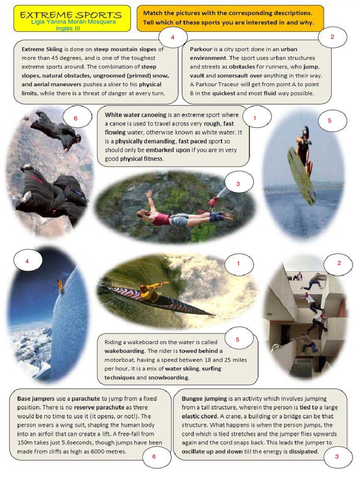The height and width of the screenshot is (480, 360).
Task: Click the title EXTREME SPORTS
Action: (71, 15)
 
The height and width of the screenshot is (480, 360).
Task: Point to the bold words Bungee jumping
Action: (203, 398)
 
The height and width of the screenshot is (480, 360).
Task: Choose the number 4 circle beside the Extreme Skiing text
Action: (173, 37)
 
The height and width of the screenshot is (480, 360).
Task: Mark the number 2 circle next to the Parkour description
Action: (332, 37)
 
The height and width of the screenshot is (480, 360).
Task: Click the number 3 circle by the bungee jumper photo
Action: (238, 184)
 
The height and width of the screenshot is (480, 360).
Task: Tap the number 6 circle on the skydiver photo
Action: (75, 118)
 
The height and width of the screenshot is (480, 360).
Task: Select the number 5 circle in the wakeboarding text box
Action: (238, 339)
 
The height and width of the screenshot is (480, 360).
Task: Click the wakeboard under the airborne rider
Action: (301, 175)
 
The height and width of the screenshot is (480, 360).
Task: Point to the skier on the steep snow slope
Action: (60, 285)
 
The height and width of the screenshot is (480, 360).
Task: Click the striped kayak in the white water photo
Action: (155, 300)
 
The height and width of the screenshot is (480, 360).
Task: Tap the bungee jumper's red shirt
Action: (160, 218)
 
